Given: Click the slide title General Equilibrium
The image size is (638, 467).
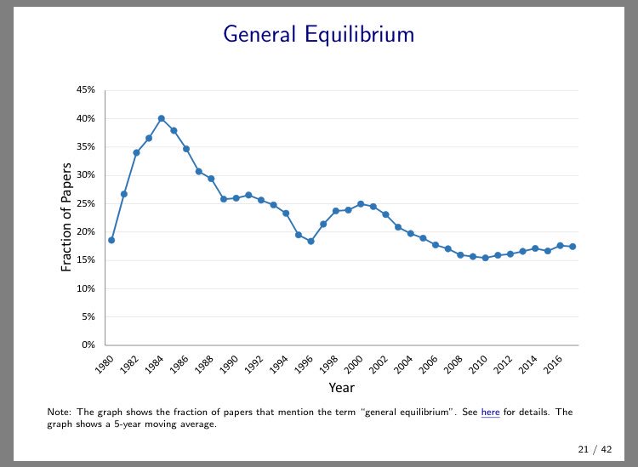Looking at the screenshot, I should coord(318,34).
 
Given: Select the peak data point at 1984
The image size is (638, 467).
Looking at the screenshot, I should coord(162,118).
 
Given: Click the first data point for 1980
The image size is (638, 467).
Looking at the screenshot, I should coord(111,240).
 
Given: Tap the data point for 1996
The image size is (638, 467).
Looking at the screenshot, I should coord(311,241).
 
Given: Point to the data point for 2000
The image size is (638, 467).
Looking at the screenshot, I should coord(361,204).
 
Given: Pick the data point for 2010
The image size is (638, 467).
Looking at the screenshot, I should coord(486,258).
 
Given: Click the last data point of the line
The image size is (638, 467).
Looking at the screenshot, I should coord(572,247).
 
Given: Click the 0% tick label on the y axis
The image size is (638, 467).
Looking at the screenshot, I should coord(86,345).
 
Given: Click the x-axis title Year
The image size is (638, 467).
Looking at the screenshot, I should coord(341,388).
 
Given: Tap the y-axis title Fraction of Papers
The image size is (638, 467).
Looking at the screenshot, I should coord(66,217).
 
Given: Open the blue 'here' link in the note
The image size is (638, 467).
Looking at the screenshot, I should coord(490,413).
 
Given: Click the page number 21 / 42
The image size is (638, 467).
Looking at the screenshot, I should coord(595,449).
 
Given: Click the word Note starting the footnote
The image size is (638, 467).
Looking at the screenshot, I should coord(60,413).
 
